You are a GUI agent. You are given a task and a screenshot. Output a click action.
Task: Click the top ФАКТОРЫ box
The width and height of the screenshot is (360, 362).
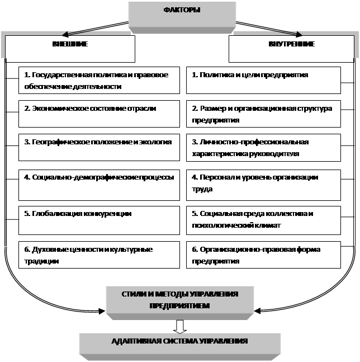[x=182, y=17]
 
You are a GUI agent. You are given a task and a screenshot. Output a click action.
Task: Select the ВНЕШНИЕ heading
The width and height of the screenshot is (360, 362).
[x=70, y=44]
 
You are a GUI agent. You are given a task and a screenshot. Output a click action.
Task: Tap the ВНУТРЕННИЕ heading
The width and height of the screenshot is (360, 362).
[x=291, y=44]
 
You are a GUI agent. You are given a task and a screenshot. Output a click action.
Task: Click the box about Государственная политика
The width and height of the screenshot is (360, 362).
[x=99, y=81]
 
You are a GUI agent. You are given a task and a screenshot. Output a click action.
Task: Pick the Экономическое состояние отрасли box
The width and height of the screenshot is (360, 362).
[x=99, y=114]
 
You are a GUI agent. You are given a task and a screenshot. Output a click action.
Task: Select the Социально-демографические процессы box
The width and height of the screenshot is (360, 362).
[x=99, y=185]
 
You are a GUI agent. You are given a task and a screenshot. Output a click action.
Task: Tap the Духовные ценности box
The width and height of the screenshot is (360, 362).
[x=99, y=255]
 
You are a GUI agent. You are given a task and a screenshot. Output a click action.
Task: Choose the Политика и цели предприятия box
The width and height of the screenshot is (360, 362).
[x=263, y=81]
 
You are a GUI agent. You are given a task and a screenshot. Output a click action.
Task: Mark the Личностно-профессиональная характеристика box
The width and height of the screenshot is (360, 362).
[x=263, y=148]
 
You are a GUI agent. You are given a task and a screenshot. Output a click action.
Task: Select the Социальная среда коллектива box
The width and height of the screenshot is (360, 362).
[x=263, y=220]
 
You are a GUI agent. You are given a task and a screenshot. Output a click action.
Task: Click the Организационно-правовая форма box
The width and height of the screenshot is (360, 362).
[x=263, y=255]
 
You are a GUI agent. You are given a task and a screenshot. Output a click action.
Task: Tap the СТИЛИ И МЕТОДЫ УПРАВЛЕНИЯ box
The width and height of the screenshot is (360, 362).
[x=180, y=303]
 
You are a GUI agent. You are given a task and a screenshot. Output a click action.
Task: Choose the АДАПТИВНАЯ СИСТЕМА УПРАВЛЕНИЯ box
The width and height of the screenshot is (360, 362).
[x=180, y=347]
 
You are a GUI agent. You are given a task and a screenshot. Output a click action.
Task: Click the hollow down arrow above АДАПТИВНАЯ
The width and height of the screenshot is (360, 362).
[x=180, y=327]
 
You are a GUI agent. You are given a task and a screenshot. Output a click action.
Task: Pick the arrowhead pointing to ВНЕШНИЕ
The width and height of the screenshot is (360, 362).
[x=65, y=35]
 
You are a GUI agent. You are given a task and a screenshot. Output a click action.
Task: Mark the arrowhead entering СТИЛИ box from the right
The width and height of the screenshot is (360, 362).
[x=257, y=311]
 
